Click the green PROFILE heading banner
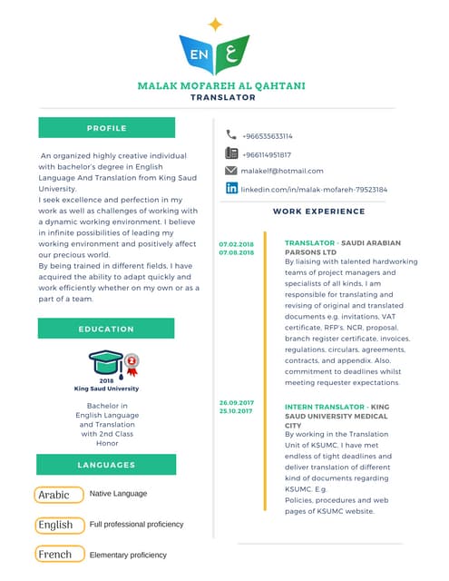(112, 128)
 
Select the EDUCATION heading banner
(112, 329)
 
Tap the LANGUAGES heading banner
(112, 465)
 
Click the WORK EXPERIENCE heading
(318, 212)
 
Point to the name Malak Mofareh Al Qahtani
(220, 85)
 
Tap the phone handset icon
(231, 135)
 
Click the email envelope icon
(231, 171)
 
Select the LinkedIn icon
(231, 189)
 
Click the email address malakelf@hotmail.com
(282, 171)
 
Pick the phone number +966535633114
(267, 136)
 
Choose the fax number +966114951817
(266, 154)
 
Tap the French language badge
(54, 554)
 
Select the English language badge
(55, 525)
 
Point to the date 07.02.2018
(236, 244)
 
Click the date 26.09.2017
(236, 402)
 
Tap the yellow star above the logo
(215, 25)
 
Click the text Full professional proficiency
(136, 525)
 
